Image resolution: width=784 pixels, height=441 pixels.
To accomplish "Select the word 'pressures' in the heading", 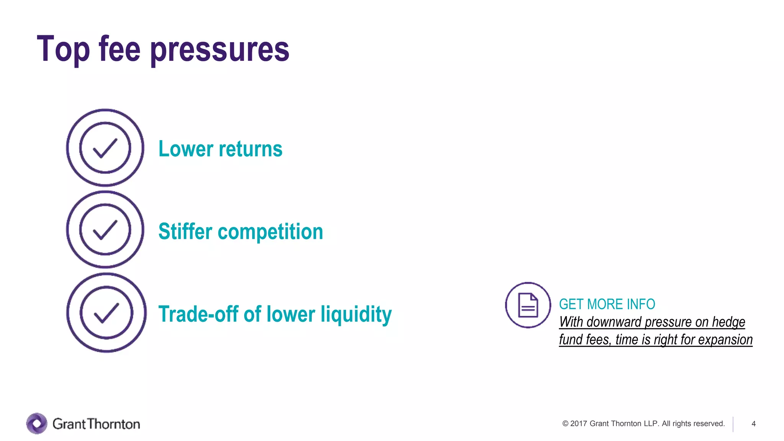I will [x=220, y=50].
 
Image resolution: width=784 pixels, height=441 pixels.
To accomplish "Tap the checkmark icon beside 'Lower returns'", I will [x=105, y=148].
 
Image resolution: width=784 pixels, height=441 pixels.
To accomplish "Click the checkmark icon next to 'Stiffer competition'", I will [x=105, y=230].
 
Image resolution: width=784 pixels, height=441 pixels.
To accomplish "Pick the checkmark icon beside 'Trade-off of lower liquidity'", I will [x=106, y=312].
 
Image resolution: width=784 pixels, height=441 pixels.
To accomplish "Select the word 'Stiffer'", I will [x=185, y=231].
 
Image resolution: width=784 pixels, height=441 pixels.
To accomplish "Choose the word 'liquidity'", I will [x=356, y=315].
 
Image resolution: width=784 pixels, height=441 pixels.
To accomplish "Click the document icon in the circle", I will [x=528, y=305].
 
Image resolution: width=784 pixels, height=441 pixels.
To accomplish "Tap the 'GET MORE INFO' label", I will [x=607, y=304].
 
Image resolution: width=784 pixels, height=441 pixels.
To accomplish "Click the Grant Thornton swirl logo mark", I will [x=37, y=423].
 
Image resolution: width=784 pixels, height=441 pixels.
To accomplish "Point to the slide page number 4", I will [x=753, y=423].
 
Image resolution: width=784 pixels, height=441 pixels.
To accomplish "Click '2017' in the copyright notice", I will [x=578, y=423].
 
